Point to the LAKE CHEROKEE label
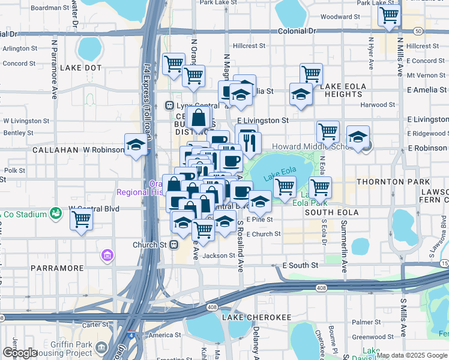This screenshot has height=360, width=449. (256, 316)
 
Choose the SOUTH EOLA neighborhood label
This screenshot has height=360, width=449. (331, 212)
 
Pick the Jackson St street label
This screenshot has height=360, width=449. (218, 256)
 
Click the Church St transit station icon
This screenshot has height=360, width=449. (173, 245)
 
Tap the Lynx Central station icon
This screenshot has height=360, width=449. (170, 106)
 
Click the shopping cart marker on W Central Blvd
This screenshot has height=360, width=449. (81, 220)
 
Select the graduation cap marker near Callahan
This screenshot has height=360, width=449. (136, 145)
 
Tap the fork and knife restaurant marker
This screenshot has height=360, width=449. (250, 143)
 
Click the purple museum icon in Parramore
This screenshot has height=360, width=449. (107, 256)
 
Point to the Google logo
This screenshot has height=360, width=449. (20, 353)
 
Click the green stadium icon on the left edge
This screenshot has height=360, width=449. (56, 212)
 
